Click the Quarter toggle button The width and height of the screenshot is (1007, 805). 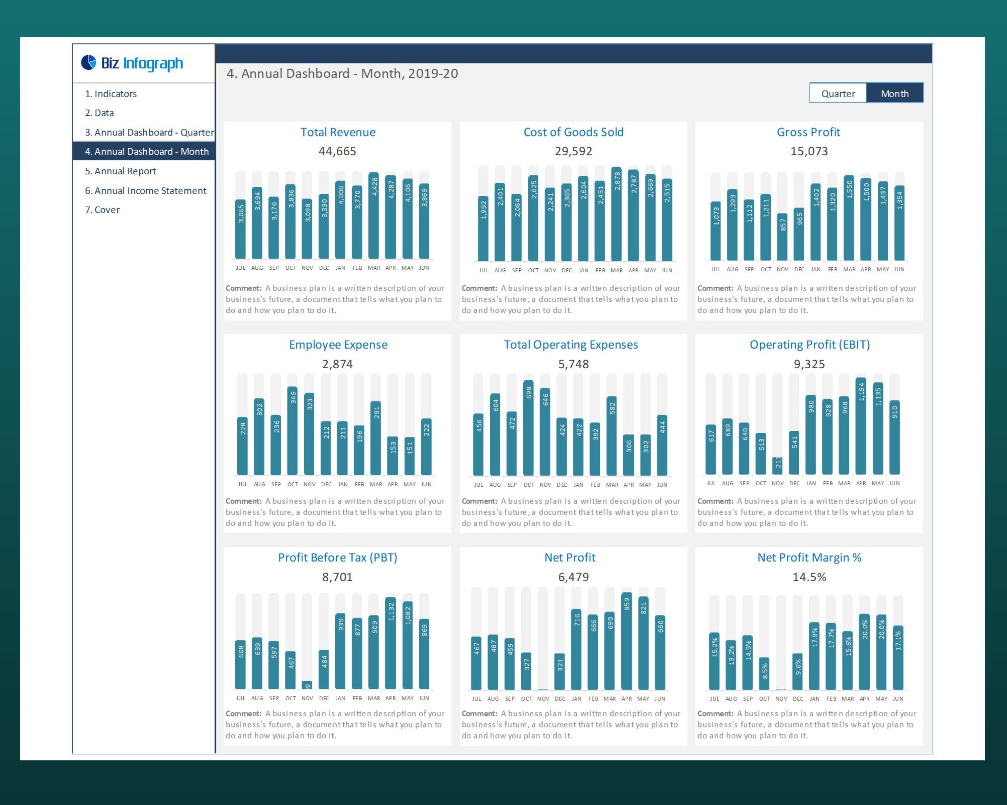pos(838,93)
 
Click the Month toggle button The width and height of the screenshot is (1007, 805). pos(895,93)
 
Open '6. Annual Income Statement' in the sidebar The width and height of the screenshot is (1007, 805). pos(145,191)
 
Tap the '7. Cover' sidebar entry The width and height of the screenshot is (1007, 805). pos(102,210)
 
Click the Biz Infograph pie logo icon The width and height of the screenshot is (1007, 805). pos(88,62)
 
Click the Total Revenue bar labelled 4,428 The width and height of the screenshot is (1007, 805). pos(374,217)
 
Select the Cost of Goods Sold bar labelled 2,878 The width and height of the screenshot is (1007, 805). pos(617,215)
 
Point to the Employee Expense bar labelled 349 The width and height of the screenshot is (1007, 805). pos(292,432)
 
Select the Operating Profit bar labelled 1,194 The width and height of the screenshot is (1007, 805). pos(861,427)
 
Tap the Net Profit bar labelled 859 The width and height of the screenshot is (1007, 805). pos(626,642)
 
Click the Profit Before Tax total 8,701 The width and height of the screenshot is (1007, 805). pos(337,577)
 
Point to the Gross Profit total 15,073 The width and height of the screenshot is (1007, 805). pos(809,151)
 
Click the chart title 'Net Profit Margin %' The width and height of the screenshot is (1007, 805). pos(809,557)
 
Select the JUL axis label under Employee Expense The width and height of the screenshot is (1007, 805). pos(242,484)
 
